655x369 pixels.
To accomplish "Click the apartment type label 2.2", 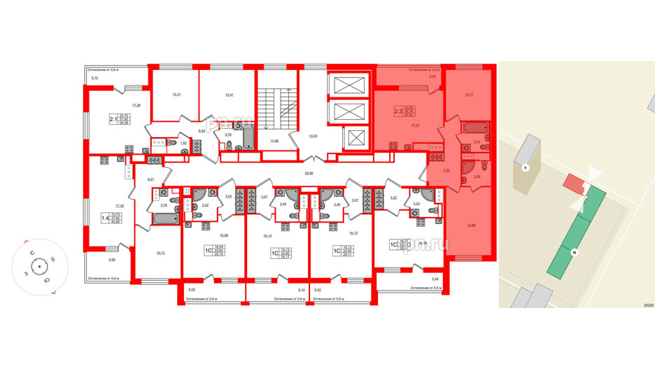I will click(x=398, y=110).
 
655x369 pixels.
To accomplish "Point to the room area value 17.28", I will click(x=127, y=105).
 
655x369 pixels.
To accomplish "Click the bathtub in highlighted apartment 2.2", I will click(x=474, y=130).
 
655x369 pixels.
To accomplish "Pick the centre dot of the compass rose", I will click(x=38, y=267).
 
